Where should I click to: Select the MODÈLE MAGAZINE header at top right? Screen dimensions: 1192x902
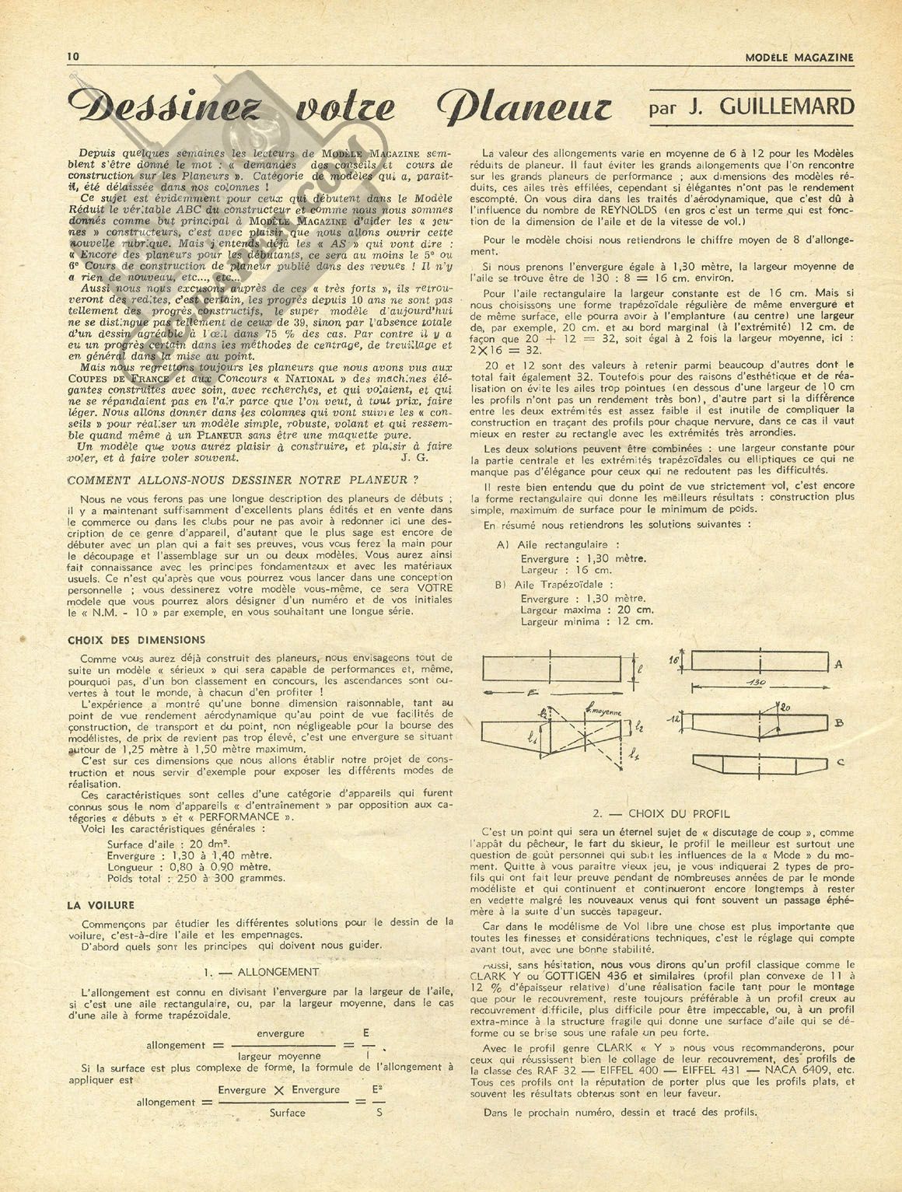point(799,57)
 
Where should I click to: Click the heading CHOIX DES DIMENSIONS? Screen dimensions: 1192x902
point(137,640)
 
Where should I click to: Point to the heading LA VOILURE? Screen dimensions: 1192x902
point(100,905)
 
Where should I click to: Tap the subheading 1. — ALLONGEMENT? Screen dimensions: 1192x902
point(260,972)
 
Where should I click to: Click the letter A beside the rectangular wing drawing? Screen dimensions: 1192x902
point(838,665)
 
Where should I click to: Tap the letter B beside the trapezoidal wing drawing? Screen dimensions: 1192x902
point(838,723)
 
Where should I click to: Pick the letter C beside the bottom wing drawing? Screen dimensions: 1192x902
point(840,763)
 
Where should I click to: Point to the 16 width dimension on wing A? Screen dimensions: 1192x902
point(674,659)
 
